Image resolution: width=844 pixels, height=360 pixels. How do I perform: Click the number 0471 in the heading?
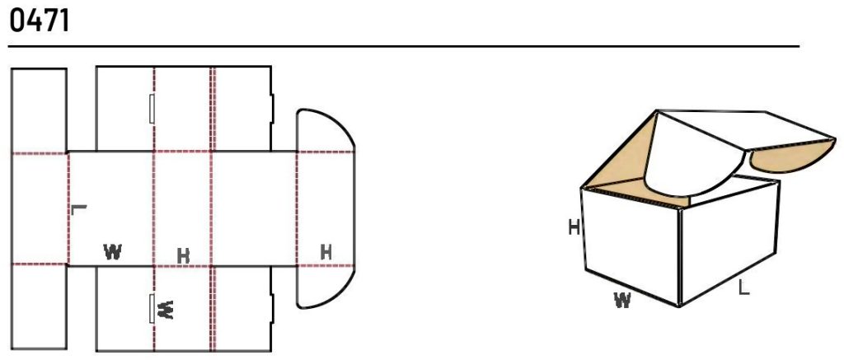[40, 21]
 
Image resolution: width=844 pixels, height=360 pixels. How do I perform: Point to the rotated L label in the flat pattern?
[78, 208]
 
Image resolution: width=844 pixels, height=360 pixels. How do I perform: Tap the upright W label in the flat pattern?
[112, 252]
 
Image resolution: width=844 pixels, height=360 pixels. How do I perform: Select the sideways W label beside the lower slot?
[165, 310]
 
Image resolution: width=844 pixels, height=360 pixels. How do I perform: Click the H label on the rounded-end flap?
[326, 252]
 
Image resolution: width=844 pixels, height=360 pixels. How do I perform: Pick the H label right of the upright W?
[184, 256]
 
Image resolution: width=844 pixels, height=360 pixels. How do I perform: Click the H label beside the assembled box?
[574, 227]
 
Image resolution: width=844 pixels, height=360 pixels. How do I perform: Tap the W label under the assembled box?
[622, 300]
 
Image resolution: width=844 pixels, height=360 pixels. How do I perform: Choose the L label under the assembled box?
[743, 288]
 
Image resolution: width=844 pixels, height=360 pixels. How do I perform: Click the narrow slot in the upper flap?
[152, 108]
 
